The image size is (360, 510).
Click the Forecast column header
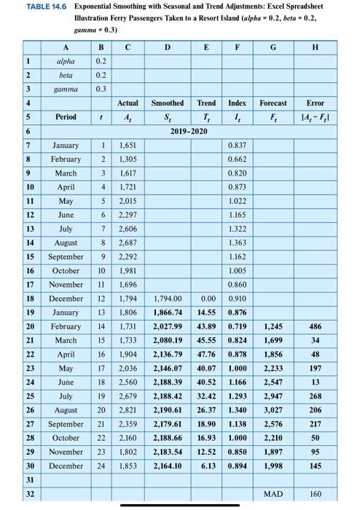tap(272, 103)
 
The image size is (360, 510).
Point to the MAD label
tap(272, 494)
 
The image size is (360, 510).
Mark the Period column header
tap(65, 117)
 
